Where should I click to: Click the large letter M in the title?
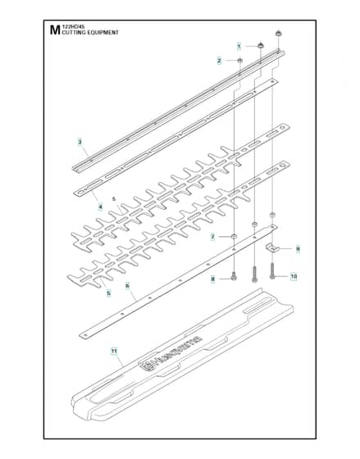54,30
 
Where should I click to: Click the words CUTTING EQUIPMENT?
90,33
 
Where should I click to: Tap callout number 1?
239,46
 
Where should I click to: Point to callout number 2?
219,61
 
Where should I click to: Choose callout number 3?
80,142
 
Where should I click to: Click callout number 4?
101,207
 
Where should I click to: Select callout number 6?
127,285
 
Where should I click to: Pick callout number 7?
213,237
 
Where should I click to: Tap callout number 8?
213,279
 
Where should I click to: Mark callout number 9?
298,248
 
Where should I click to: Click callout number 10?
294,276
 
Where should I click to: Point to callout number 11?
114,351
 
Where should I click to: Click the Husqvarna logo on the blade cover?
171,353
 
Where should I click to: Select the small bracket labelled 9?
272,248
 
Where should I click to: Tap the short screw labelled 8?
234,276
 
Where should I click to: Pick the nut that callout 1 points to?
260,45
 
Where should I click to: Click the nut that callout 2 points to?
239,61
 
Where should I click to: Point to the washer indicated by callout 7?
234,236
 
